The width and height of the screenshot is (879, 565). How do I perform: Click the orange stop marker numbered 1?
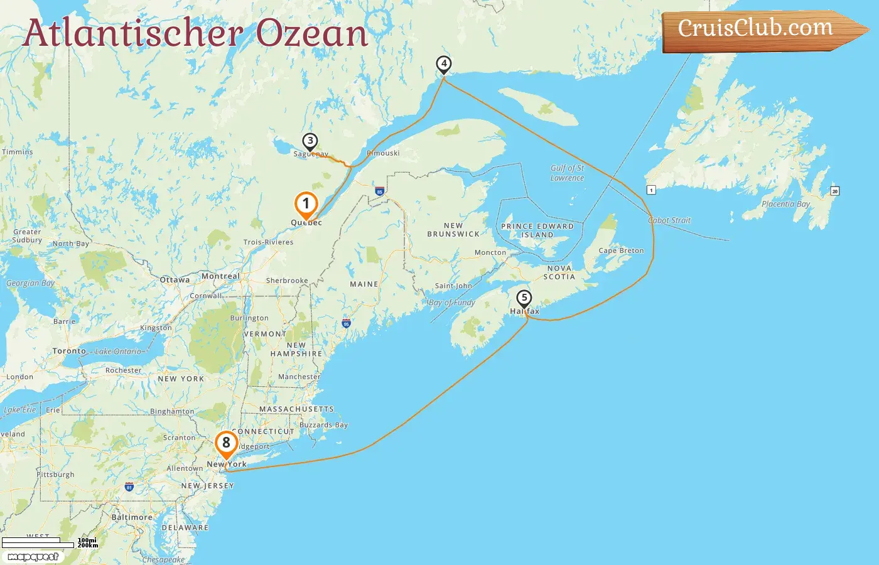tap(306, 204)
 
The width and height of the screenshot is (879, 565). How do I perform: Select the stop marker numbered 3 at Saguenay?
tap(310, 142)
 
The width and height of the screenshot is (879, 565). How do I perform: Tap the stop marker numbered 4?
tap(444, 64)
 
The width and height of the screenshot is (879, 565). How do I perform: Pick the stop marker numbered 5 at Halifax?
tap(524, 299)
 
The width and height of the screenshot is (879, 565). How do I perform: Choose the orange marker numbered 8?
tap(226, 443)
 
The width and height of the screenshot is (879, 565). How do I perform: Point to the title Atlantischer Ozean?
tap(195, 33)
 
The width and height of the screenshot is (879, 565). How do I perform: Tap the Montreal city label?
tap(220, 276)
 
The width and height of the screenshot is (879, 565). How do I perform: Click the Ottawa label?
tap(175, 280)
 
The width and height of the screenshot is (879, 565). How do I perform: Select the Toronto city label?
tap(69, 351)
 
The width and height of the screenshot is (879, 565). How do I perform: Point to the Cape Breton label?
tap(621, 250)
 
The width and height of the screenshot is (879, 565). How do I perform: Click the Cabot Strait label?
tap(669, 220)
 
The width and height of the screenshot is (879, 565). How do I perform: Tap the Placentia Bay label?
tap(785, 204)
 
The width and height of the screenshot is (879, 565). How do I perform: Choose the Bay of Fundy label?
tap(452, 303)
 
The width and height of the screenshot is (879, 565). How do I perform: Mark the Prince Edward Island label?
tap(537, 230)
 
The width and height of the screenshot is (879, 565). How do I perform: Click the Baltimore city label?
tap(132, 517)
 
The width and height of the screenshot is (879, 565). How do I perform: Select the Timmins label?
tap(18, 152)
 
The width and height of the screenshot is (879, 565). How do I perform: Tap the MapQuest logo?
tap(33, 557)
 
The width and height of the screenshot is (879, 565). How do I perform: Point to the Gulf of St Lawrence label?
tap(567, 173)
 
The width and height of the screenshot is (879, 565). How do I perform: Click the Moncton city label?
tap(490, 252)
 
